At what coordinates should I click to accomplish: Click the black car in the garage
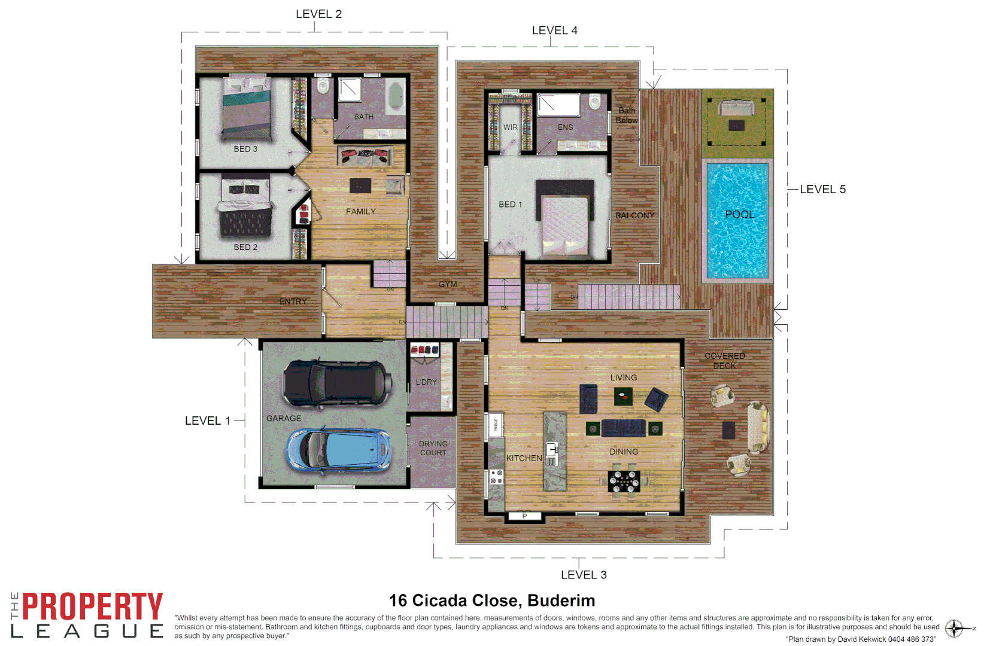(336, 383)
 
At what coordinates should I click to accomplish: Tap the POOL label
(739, 215)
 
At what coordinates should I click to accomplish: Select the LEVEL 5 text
(822, 190)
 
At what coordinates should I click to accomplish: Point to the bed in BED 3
(247, 108)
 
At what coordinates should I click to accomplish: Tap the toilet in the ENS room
(594, 102)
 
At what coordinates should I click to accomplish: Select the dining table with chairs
(624, 481)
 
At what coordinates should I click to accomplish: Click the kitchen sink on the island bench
(552, 449)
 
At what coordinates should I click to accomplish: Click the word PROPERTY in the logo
(92, 607)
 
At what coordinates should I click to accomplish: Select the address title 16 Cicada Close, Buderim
(491, 601)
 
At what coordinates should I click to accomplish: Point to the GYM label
(447, 285)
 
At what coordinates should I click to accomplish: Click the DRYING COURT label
(433, 448)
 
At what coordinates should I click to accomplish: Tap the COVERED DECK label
(724, 361)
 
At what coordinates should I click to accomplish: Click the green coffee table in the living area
(623, 396)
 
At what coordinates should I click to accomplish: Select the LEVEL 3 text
(583, 575)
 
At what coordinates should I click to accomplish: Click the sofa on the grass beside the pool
(736, 108)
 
